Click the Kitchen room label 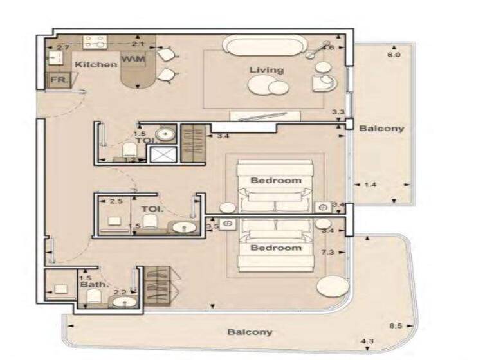coord(96,64)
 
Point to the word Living coord(267,69)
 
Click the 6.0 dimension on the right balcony coord(394,55)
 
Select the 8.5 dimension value coord(396,326)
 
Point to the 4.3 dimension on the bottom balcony coord(367,340)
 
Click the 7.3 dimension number coord(327,253)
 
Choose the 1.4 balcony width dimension coord(370,184)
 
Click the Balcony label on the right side coord(381,128)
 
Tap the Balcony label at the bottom coord(250,332)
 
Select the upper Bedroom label coord(275,180)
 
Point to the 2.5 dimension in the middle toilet coord(116,201)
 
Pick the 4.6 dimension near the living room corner coord(328,48)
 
